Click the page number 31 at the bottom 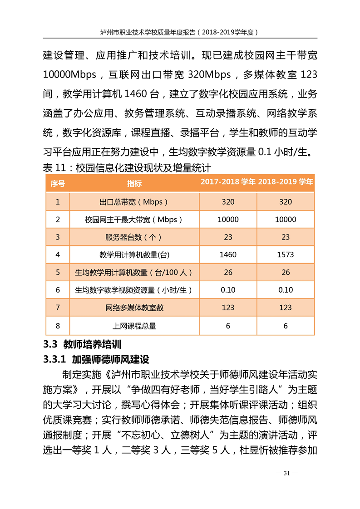286,473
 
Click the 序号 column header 58,183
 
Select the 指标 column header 134,183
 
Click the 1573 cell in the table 286,254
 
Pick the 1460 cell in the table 228,254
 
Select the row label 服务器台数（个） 134,237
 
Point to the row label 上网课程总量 134,325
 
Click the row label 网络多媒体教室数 134,308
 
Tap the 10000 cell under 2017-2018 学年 228,219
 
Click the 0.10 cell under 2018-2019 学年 286,290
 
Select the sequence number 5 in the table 58,272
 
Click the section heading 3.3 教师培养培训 82,344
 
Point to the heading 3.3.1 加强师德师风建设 96,360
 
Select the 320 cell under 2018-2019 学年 286,201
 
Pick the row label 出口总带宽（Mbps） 134,201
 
